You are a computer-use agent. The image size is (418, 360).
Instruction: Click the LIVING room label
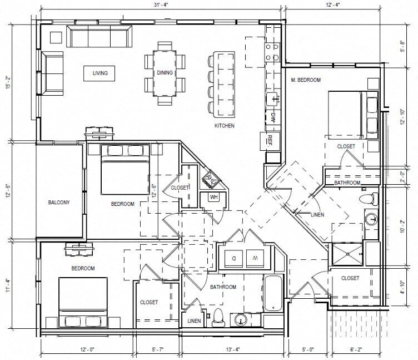[x=100, y=73]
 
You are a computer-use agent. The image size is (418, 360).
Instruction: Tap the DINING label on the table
[x=165, y=72]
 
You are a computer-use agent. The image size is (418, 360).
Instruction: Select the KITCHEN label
[x=225, y=126]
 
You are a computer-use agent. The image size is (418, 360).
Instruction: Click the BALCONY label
[x=59, y=203]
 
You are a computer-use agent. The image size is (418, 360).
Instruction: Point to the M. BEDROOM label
[x=306, y=80]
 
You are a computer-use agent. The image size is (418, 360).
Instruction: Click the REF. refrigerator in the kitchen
[x=270, y=141]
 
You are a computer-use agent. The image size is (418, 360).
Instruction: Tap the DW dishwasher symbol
[x=273, y=117]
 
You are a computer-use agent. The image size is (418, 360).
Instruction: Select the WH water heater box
[x=214, y=198]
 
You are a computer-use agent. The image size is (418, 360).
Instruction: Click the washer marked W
[x=255, y=258]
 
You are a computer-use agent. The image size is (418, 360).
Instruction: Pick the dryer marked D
[x=233, y=258]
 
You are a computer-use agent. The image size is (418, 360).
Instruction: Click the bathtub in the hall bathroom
[x=273, y=293]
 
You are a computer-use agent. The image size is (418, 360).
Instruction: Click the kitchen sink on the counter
[x=273, y=98]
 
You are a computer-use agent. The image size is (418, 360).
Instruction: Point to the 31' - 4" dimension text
[x=161, y=4]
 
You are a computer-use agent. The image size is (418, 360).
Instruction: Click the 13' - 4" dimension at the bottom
[x=233, y=349]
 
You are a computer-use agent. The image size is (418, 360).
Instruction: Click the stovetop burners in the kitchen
[x=272, y=52]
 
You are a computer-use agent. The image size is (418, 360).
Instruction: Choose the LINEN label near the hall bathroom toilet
[x=194, y=321]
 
